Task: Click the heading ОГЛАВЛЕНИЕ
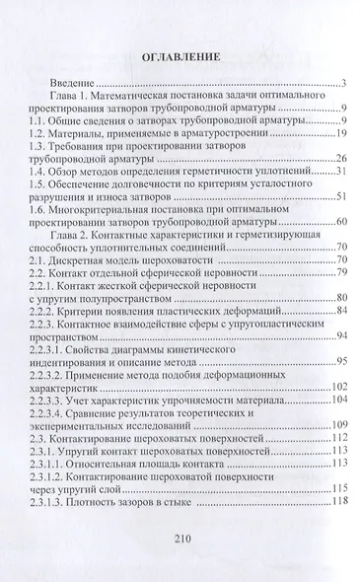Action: click(x=180, y=56)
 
